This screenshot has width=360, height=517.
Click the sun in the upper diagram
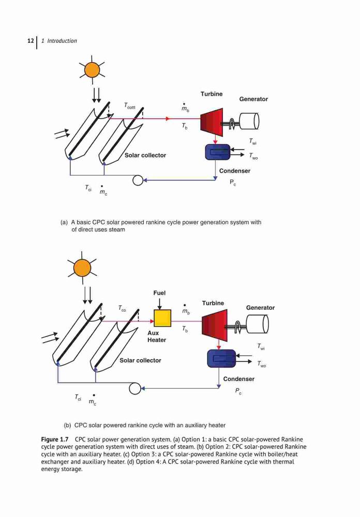[92, 70]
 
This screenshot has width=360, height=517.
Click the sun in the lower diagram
[82, 267]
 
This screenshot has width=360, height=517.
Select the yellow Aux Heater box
[162, 318]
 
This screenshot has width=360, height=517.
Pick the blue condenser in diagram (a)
[217, 152]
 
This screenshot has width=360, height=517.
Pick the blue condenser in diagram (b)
[221, 359]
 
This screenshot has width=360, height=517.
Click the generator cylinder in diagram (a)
[249, 121]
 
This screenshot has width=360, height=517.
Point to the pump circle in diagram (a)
[138, 180]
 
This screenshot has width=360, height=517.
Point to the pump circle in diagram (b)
[134, 388]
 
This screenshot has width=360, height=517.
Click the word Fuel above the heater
[159, 293]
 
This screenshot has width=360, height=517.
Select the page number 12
[31, 41]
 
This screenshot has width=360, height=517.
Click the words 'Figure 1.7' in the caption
[55, 439]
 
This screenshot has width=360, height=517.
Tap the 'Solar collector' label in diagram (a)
[145, 155]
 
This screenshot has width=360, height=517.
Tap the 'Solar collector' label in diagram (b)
[140, 360]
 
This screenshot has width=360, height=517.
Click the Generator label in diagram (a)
[253, 99]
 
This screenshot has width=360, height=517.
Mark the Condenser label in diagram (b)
[238, 379]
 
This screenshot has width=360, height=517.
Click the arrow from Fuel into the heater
[159, 303]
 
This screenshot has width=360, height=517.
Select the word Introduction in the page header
[62, 41]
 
